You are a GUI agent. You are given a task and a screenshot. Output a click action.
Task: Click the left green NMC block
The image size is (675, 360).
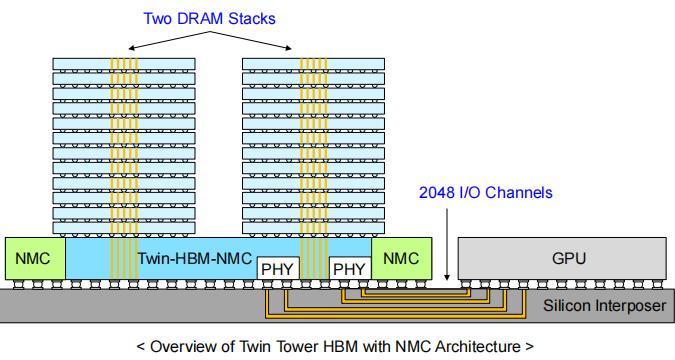coord(35,257)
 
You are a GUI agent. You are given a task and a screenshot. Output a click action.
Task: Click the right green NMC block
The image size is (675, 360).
coord(402,257)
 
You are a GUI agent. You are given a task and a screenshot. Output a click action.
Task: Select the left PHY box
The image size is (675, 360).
coord(278,268)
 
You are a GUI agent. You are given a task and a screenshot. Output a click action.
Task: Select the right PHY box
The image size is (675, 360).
coord(349,268)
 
